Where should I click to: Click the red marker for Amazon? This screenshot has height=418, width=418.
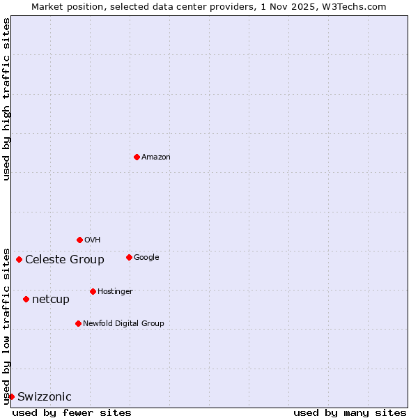coord(137,157)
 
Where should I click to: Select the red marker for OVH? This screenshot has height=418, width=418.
coord(79,240)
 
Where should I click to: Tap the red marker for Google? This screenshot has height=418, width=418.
coord(129,257)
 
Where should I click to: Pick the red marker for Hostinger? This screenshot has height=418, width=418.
coord(93,291)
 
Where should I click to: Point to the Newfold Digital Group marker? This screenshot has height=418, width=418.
coord(78,323)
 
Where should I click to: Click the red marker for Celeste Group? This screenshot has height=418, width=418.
coord(19,259)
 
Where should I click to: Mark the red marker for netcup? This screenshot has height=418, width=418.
coord(26,299)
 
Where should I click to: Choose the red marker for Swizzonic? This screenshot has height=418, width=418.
coord(11,396)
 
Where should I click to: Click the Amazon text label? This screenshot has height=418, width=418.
coord(156,157)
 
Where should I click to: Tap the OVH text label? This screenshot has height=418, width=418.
coord(93,240)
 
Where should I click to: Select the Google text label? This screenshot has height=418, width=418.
coord(146,258)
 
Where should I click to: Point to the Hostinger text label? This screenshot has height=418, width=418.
coord(115,292)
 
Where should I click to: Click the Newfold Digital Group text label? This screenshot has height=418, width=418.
coord(123,324)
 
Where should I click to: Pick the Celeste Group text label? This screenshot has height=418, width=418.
coord(65,260)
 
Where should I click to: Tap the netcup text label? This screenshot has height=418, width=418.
coord(51,300)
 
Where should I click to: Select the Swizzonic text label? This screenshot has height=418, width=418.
coord(45,397)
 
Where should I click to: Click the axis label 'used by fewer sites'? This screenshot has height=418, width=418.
coord(72,412)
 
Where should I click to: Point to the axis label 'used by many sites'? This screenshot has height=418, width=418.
coord(350,412)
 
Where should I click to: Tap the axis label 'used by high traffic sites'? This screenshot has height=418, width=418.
coord(6,99)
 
